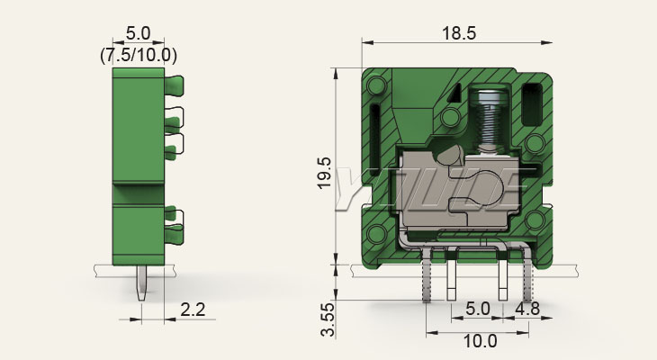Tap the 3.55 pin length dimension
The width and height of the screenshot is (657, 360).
click(x=329, y=319)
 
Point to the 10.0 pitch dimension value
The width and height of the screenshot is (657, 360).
click(x=480, y=342)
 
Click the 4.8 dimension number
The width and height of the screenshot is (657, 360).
click(x=528, y=310)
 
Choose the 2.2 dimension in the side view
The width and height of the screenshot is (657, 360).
click(x=193, y=310)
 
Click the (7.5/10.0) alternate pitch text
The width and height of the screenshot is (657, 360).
click(x=139, y=54)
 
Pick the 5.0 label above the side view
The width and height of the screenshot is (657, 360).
click(x=139, y=35)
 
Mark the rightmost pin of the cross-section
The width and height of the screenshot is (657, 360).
click(x=527, y=279)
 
